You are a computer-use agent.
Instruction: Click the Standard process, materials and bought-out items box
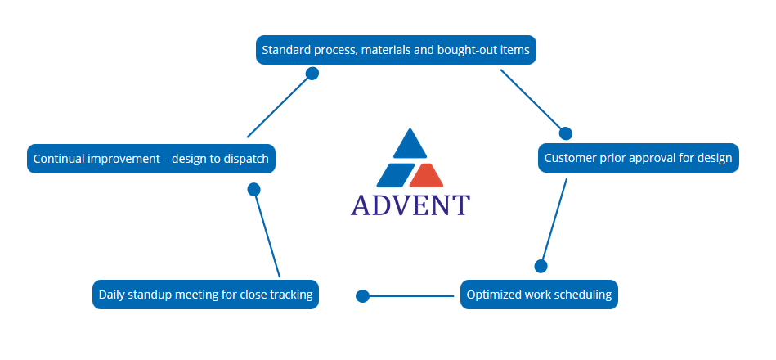pos(396,50)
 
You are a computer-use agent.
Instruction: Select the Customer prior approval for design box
pos(638,158)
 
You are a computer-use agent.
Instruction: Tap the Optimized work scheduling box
pos(539,295)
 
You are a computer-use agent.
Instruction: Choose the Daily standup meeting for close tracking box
pos(205,295)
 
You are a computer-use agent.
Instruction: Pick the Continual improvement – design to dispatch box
pos(151,159)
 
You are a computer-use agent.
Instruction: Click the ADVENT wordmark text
pos(410,205)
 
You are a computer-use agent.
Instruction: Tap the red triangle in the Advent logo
pos(426,175)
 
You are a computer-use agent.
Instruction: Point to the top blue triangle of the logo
pos(410,145)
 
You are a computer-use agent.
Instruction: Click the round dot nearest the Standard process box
pos(312,74)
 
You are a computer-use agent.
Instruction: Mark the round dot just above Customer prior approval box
pos(565,133)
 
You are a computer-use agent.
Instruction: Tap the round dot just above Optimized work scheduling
pos(541,266)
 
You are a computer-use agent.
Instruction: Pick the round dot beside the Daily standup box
pos(363,296)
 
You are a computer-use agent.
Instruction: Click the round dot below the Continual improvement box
pos(253,189)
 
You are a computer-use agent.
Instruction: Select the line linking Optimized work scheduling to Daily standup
pos(409,296)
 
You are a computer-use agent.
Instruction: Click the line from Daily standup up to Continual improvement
pos(267,235)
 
